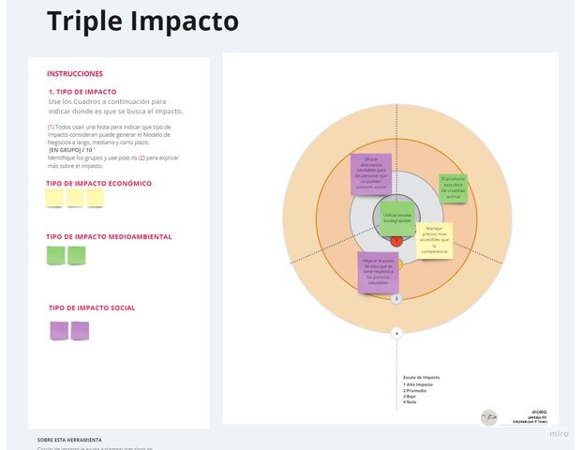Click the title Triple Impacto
142,21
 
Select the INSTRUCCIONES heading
75,74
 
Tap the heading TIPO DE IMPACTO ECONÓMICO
98,184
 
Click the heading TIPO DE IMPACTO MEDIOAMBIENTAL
109,237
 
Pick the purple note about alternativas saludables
371,172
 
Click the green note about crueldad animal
453,187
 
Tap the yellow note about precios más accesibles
434,240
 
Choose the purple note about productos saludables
378,272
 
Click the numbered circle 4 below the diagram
396,332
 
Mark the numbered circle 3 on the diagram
396,299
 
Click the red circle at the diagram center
396,241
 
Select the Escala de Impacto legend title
422,377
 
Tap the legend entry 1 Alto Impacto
419,384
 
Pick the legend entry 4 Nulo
410,401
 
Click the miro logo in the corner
559,434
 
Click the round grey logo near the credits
489,417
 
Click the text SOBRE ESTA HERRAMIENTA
69,439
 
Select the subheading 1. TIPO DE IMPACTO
82,92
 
